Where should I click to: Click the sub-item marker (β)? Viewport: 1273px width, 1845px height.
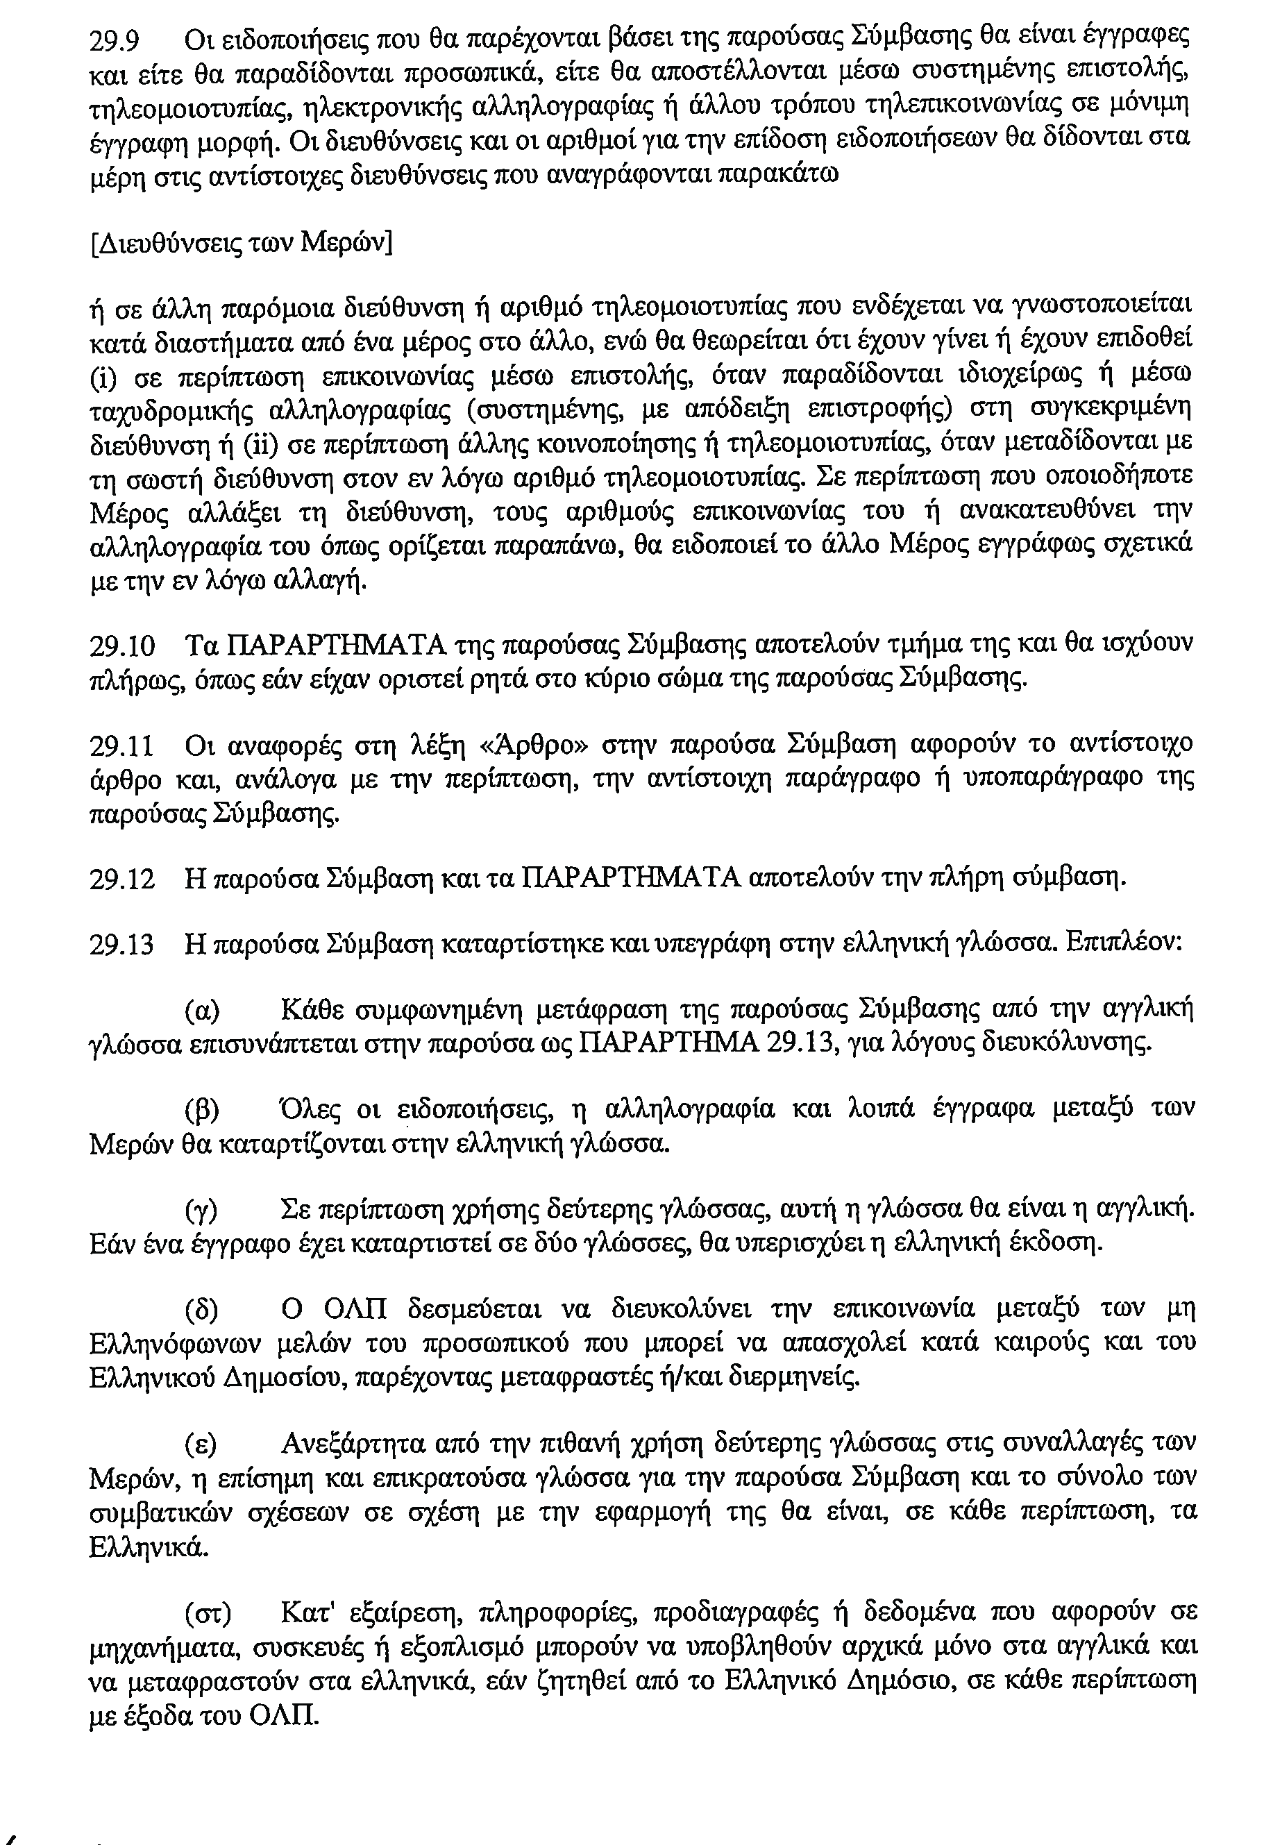point(202,1111)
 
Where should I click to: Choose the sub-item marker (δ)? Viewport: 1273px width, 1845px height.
point(202,1311)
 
